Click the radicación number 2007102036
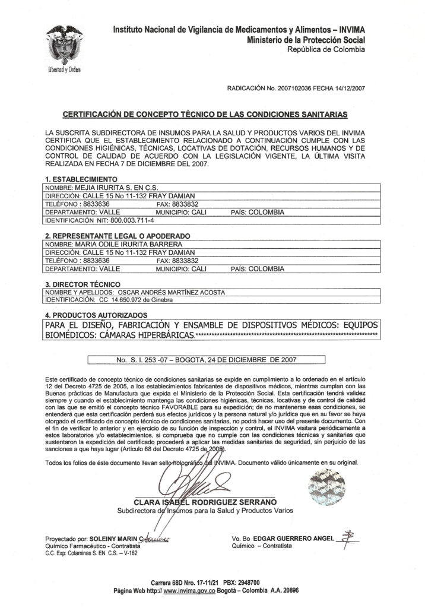(290, 88)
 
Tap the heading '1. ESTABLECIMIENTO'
(81, 179)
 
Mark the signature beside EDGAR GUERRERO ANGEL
(345, 537)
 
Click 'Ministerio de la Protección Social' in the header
(307, 39)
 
